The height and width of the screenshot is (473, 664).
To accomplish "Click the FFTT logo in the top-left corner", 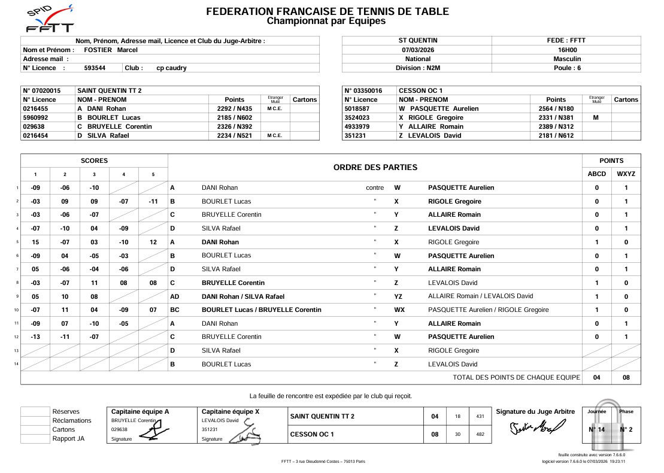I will tap(50, 19).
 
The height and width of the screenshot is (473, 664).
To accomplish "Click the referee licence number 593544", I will tap(95, 68).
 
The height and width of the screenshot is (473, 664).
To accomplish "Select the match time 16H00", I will tap(566, 50).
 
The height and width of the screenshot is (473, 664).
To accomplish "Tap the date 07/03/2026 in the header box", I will tap(417, 50).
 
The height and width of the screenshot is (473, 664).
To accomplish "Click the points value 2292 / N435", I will tap(234, 108).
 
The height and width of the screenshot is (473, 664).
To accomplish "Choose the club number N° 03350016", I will tap(363, 90).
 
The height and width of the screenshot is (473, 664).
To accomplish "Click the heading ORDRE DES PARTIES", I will tap(375, 168).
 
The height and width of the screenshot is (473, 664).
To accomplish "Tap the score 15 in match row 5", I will tap(35, 242).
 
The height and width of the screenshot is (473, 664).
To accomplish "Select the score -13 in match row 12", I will tap(35, 336).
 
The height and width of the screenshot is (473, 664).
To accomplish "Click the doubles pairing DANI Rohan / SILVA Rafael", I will tap(242, 296).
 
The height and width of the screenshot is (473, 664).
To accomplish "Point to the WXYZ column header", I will tap(626, 174).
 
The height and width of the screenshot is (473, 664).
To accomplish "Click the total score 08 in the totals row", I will tap(626, 378).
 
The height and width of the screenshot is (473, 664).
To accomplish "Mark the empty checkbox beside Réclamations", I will tap(35, 420).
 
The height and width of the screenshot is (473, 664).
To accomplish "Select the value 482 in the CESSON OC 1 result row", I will tap(480, 434).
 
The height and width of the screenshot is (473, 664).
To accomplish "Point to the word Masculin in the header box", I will tap(566, 59).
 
